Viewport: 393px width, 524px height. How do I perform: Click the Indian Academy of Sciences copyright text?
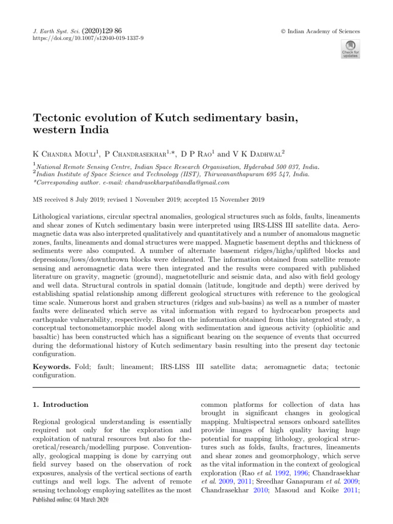click(324, 31)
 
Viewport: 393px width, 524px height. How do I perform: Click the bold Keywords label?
click(53, 366)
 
